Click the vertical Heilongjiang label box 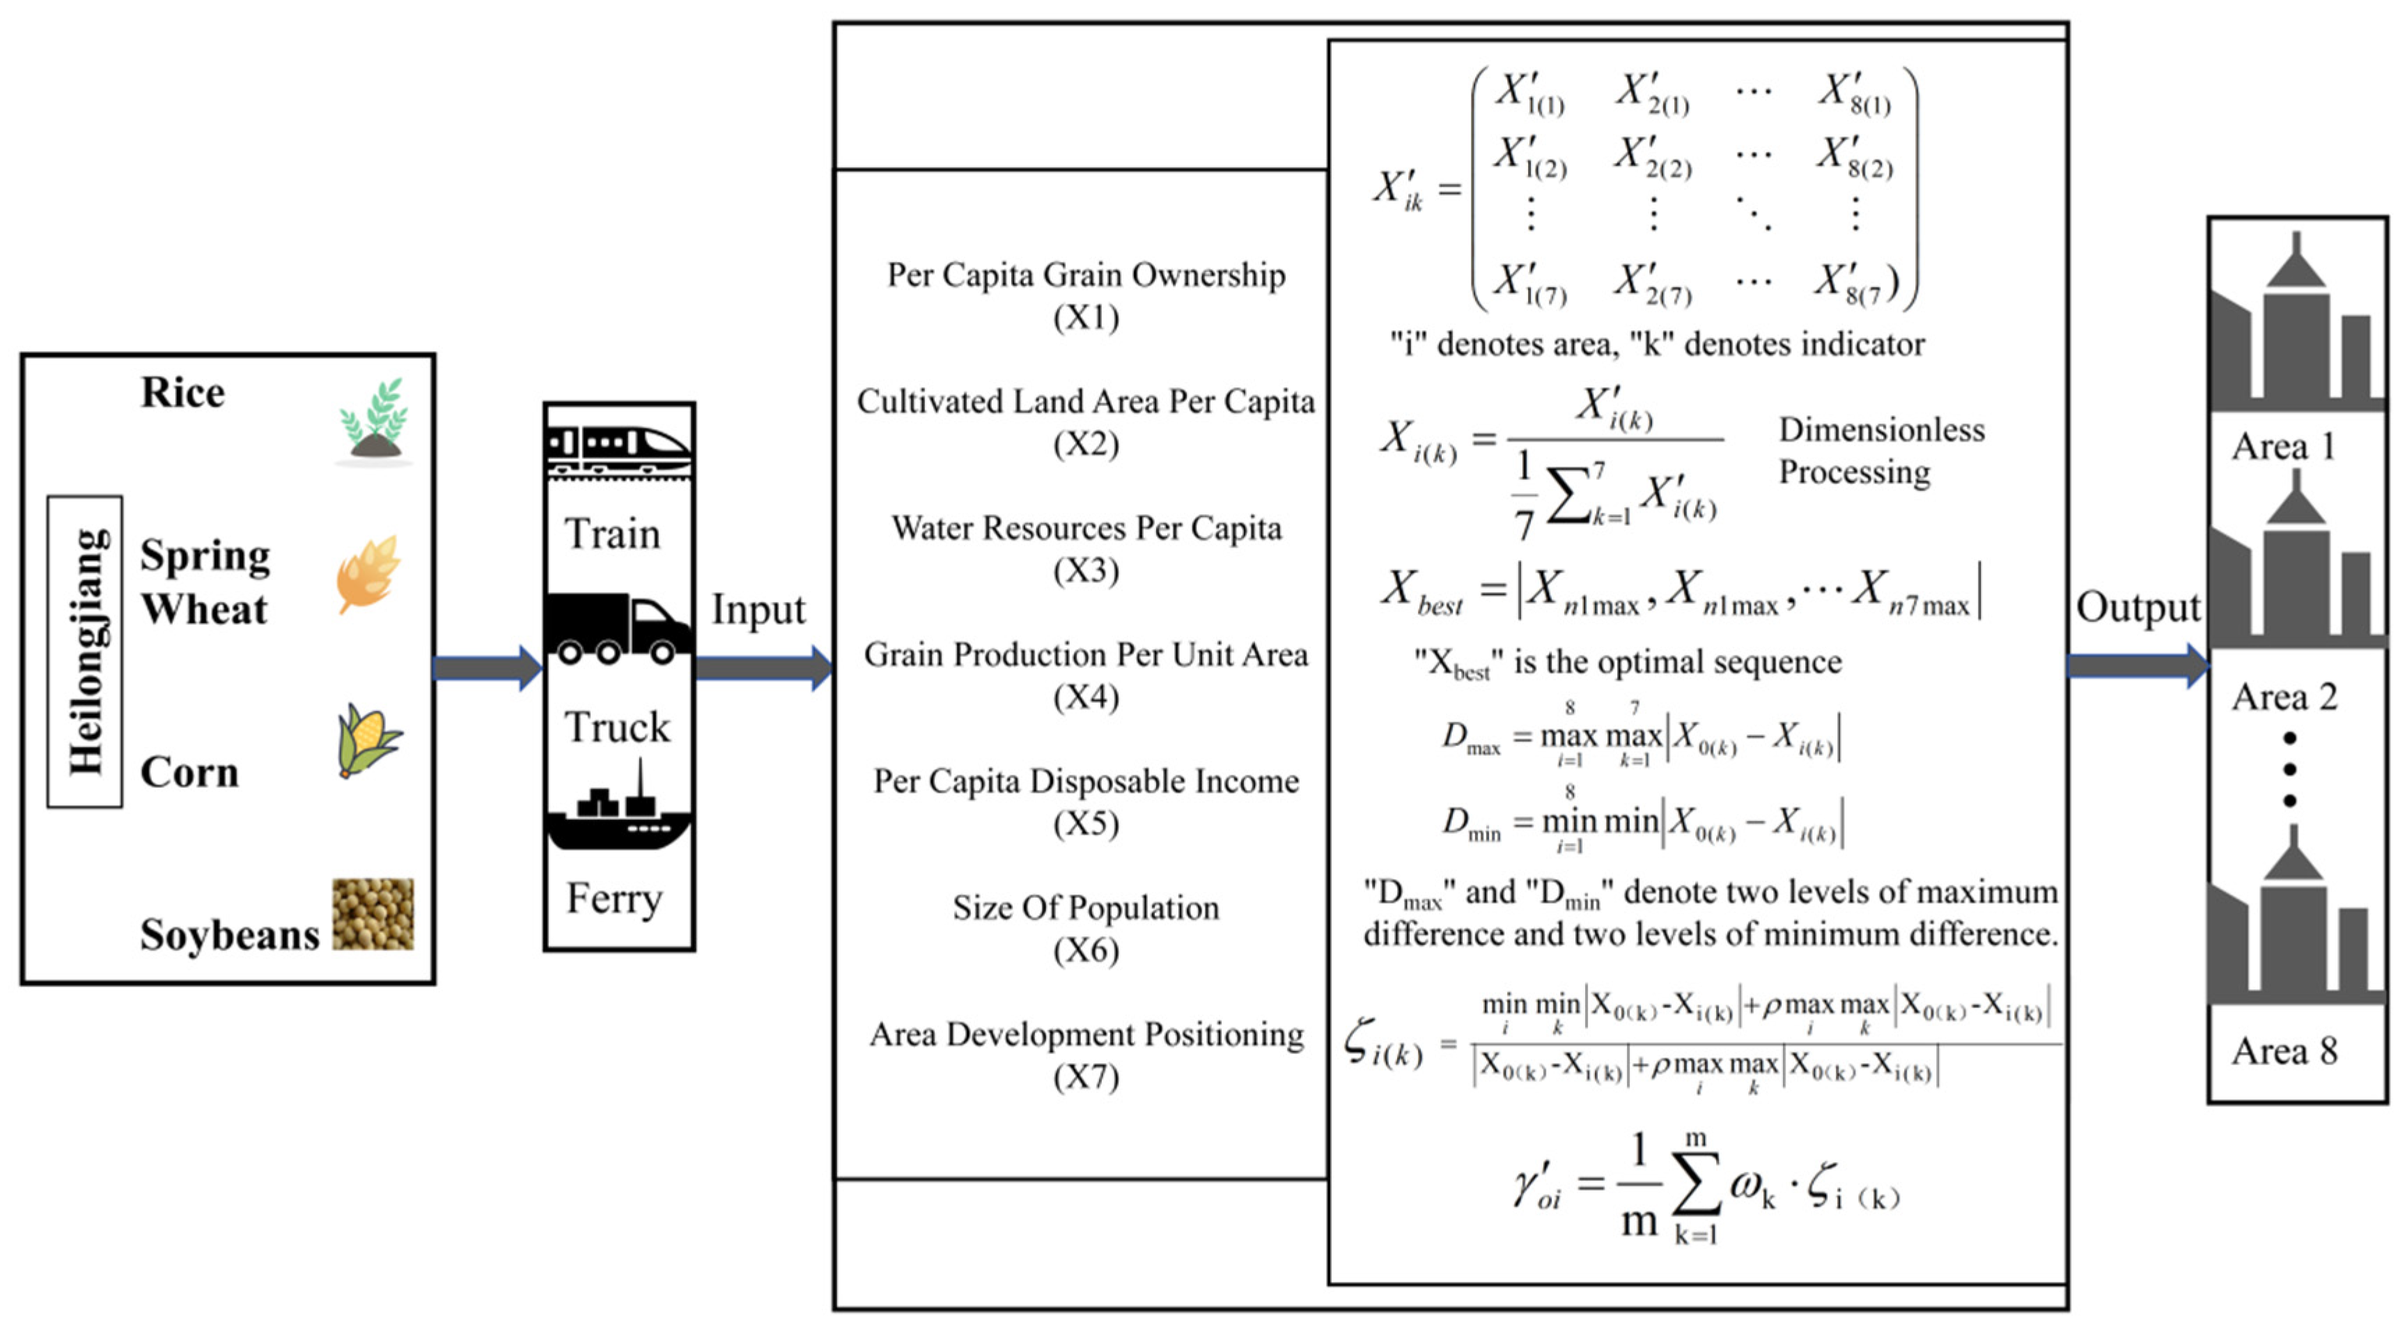coord(85,651)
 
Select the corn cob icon coord(368,741)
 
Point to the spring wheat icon coord(368,574)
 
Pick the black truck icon coord(619,628)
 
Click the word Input coord(758,610)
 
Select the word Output coord(2138,607)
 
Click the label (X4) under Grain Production coord(1086,697)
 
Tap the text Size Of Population coord(1086,908)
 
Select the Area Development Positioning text coord(1086,1034)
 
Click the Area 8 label coord(2284,1051)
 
